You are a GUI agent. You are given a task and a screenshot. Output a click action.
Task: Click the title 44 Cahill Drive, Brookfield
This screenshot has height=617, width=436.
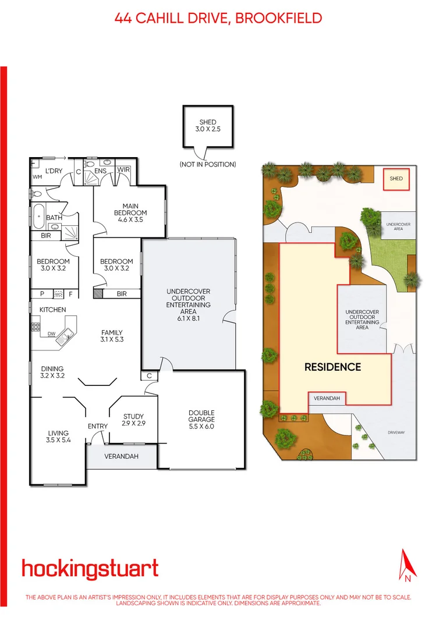tap(218, 18)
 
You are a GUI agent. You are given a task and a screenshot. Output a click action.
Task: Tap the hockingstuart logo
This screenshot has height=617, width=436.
tap(90, 568)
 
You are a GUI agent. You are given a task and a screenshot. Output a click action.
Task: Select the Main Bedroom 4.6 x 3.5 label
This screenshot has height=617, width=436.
tap(130, 209)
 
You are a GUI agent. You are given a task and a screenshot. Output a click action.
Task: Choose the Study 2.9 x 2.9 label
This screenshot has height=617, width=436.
tap(133, 420)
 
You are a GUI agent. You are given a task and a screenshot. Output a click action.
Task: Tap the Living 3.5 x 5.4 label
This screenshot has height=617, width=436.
tap(58, 437)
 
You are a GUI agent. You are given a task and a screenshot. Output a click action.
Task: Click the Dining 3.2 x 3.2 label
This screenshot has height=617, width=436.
tap(52, 373)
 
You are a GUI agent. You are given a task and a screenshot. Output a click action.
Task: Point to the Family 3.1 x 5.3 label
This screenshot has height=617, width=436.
tap(112, 335)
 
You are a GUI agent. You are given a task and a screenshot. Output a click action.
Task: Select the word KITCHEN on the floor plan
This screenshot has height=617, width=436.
tap(52, 310)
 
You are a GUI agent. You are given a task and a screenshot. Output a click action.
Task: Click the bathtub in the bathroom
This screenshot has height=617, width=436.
tap(40, 217)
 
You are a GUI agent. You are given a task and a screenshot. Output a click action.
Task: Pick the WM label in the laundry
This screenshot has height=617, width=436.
tap(37, 176)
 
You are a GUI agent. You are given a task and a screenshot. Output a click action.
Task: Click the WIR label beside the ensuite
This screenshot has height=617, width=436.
tap(123, 169)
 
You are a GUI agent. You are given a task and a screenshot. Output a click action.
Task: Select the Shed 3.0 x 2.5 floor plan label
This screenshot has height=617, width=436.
tap(208, 126)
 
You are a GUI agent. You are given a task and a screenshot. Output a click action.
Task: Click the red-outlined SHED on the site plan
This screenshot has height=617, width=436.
tap(396, 179)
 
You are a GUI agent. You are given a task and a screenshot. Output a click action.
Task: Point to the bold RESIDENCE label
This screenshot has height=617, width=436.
tap(333, 367)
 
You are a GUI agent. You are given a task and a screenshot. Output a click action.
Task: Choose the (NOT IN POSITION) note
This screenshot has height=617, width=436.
tap(208, 165)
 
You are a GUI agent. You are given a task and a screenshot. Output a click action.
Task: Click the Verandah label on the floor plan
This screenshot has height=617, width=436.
tap(122, 456)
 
